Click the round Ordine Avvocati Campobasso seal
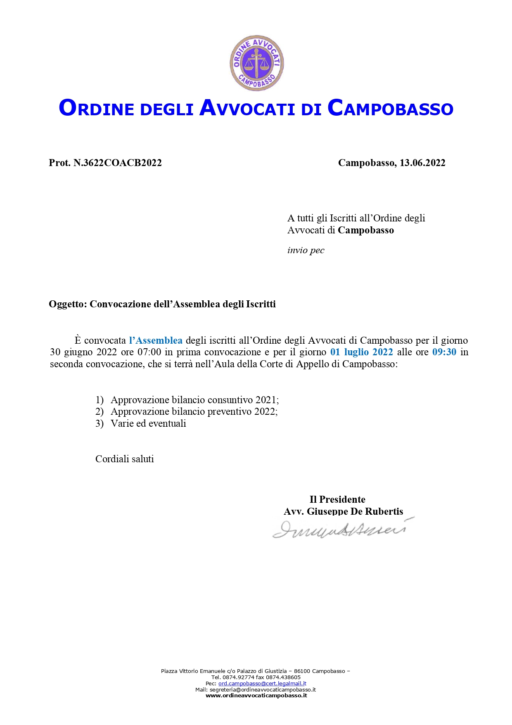point(256,63)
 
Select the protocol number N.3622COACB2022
point(117,163)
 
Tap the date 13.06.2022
point(422,163)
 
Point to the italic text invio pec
point(306,250)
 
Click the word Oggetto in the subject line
point(67,304)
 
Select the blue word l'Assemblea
point(156,340)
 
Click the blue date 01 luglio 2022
point(361,352)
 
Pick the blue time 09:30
point(444,352)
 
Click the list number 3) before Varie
point(100,423)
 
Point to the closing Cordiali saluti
point(124,459)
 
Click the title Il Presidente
point(337,499)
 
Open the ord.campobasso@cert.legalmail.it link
point(262,684)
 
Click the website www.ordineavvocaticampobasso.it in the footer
point(256,695)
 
